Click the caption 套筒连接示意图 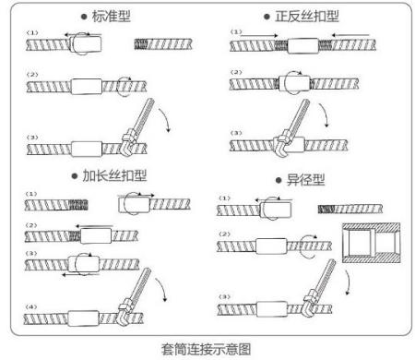[207, 349]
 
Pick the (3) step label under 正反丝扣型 [235, 135]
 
